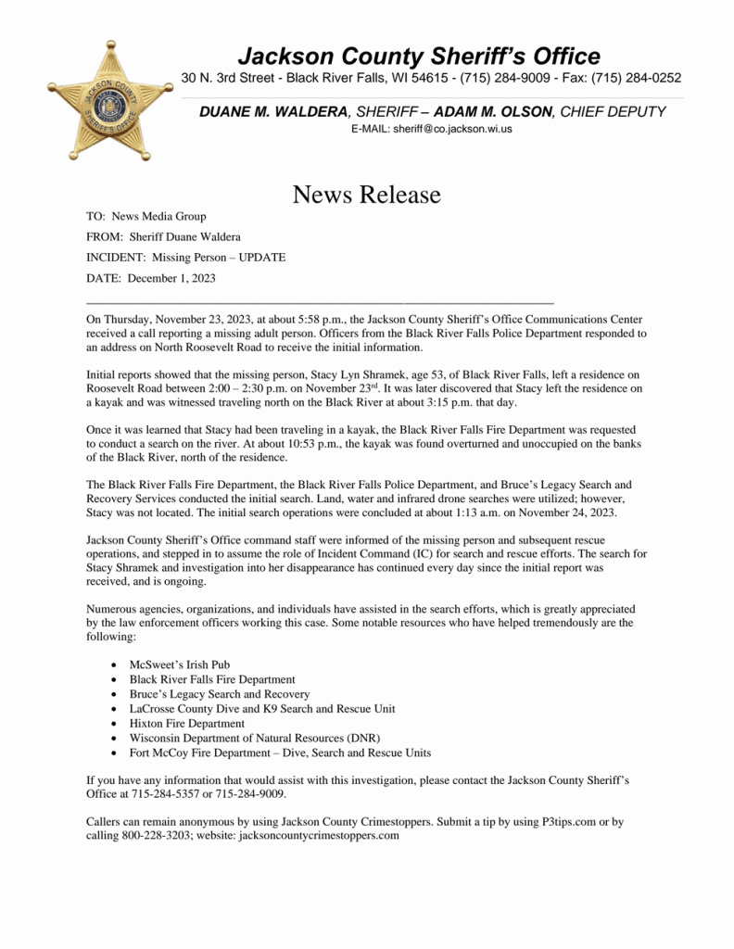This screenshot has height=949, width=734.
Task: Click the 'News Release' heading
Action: pos(366,195)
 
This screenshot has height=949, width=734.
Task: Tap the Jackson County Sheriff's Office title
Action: pos(418,56)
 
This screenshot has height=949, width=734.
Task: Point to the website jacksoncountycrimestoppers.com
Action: pos(319,836)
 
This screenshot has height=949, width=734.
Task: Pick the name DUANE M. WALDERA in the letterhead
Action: pos(272,111)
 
